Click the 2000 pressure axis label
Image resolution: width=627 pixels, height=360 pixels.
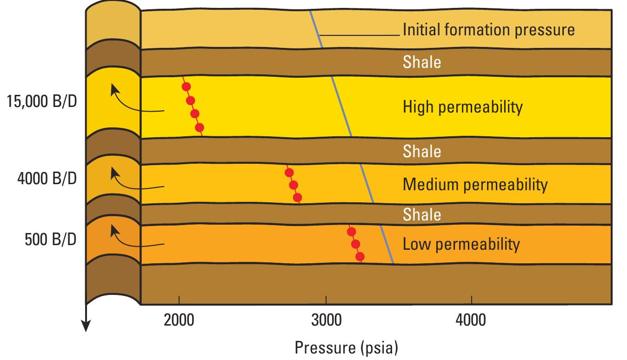pos(179,320)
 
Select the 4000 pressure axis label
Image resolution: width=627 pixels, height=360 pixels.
pos(472,320)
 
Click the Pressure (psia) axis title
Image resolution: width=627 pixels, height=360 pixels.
pos(347,347)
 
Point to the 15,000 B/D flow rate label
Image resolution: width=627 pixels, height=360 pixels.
pos(41,101)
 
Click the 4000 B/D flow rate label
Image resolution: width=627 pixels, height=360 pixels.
pos(47,179)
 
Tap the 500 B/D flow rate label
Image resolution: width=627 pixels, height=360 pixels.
pos(51,240)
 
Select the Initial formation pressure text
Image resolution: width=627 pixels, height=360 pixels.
pos(488,30)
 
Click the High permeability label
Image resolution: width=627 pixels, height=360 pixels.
pos(462,107)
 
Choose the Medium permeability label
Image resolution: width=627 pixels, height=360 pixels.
pos(475,185)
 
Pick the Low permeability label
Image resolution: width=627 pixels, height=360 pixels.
pos(461,244)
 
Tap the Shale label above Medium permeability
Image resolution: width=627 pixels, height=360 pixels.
pos(421,151)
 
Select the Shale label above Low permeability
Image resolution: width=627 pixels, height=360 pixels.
pos(421,214)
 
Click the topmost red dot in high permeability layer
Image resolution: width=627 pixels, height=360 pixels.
pos(186,87)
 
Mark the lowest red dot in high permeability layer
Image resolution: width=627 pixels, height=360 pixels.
pos(200,127)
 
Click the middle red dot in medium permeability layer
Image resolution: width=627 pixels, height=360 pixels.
pos(293,185)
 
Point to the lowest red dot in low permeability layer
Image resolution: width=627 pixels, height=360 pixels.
pos(360,256)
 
